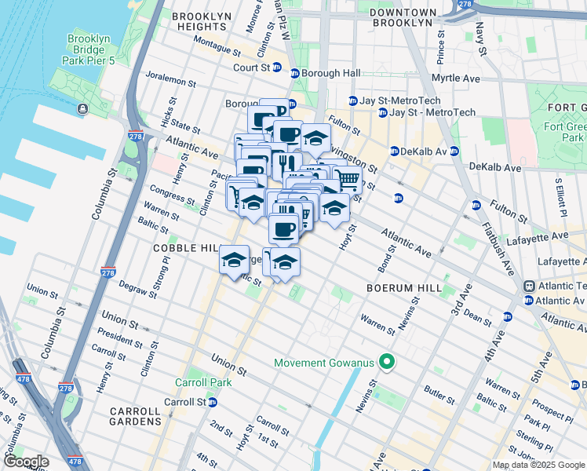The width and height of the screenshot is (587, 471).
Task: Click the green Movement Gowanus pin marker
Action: pos(386,362)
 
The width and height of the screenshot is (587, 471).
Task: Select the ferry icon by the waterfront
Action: pos(82,109)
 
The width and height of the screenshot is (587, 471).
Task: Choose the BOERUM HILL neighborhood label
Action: pos(404,288)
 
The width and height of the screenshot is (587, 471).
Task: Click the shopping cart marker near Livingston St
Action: pos(347,180)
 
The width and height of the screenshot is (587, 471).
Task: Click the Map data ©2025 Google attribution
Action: pos(538,465)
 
